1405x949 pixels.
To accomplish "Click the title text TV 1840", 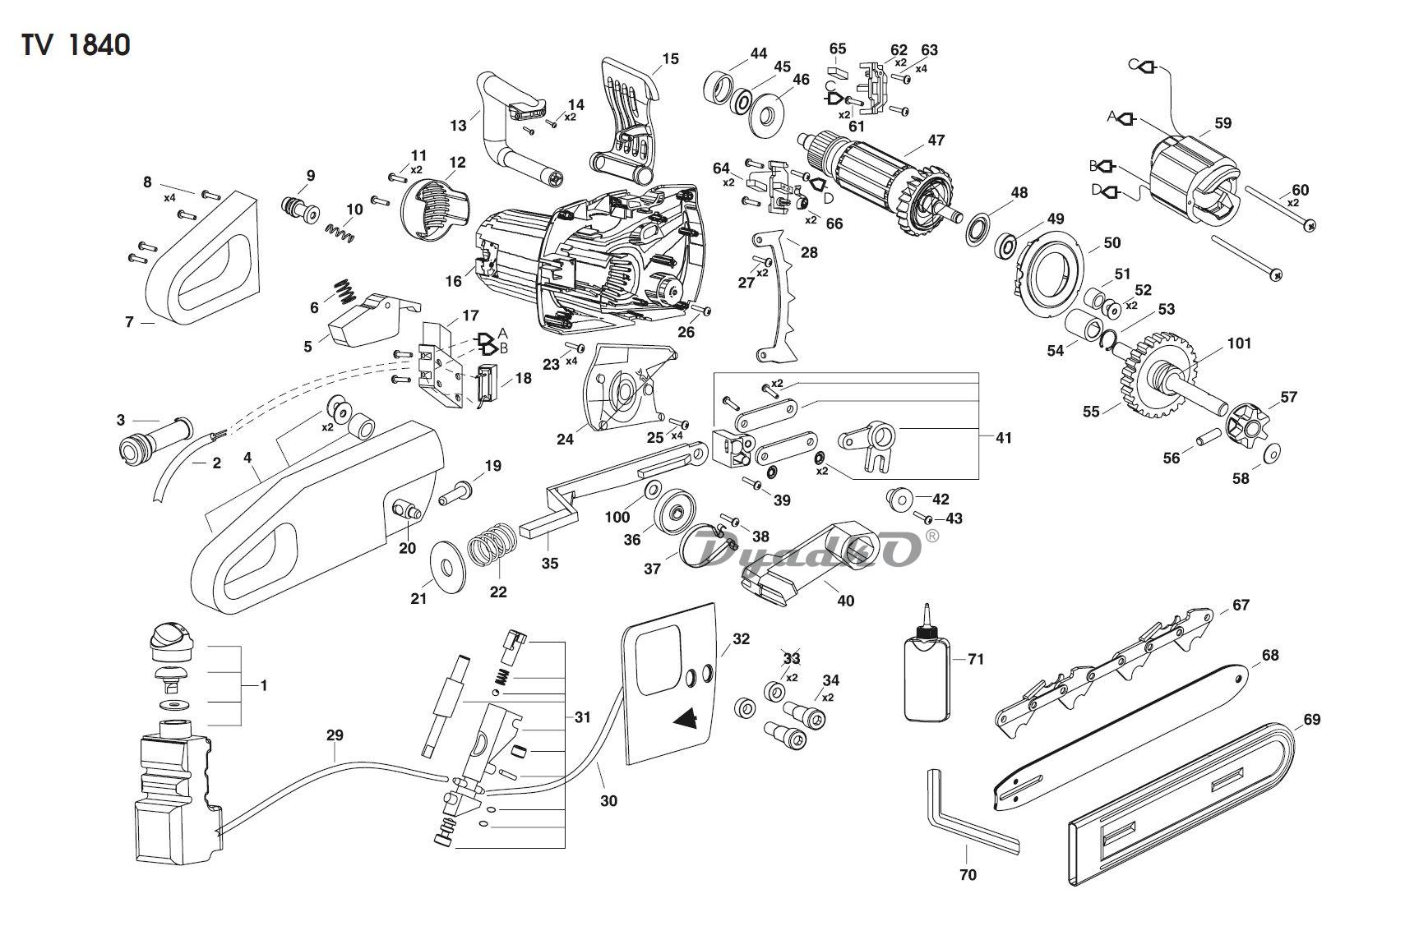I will click(x=76, y=45).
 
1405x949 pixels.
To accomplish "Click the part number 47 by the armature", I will click(x=936, y=141).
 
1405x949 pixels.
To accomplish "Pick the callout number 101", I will click(x=1238, y=343).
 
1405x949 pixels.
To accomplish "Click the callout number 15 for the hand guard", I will click(x=670, y=58).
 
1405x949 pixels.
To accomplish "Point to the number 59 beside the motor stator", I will click(x=1222, y=123).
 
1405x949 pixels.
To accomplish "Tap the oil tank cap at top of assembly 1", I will click(x=172, y=638).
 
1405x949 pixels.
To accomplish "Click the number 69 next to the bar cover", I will click(x=1311, y=720).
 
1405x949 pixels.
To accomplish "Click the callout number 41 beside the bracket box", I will click(x=1003, y=438).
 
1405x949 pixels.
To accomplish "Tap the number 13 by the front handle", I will click(x=458, y=125).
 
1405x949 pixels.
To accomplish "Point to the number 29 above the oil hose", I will click(x=334, y=735).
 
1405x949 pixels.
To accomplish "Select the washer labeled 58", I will click(x=1271, y=453).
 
